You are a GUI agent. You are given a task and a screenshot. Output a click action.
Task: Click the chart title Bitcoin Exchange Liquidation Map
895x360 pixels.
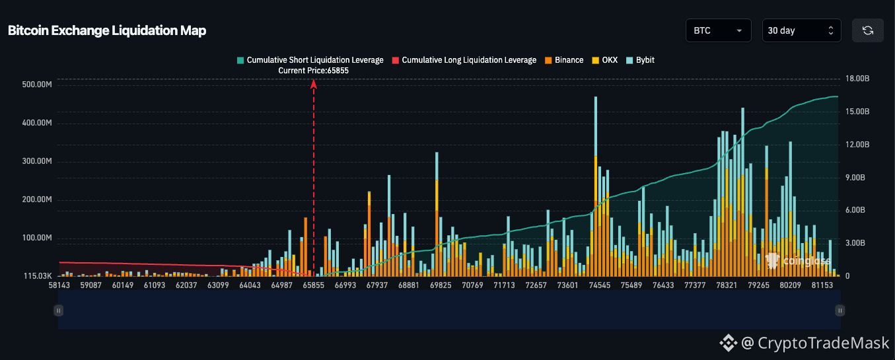[107, 31]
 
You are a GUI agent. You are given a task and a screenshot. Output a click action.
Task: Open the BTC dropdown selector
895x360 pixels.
[719, 30]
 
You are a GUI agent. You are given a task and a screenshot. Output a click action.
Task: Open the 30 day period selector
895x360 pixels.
[801, 30]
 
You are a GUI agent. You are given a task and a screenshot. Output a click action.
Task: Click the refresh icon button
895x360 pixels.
[868, 30]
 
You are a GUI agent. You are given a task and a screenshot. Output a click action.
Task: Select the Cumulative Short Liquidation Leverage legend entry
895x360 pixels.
[310, 60]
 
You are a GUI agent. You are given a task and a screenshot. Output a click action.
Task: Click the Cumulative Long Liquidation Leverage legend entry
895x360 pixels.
[464, 60]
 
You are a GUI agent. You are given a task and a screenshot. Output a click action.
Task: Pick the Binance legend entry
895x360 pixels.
[564, 60]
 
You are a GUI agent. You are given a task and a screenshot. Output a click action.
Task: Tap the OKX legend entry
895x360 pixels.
[605, 60]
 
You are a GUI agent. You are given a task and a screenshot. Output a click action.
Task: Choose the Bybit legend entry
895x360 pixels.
[640, 60]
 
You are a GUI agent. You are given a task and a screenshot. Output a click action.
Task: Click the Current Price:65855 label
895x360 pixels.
[313, 71]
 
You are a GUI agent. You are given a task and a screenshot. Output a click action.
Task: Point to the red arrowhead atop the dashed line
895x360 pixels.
[314, 84]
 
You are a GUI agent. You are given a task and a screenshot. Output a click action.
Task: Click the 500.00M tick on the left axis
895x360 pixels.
[37, 85]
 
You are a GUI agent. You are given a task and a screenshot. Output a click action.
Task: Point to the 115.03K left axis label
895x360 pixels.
[38, 275]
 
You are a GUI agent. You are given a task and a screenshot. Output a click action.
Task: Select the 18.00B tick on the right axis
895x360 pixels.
[857, 79]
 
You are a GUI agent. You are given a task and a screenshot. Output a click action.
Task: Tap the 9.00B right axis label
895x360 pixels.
[855, 178]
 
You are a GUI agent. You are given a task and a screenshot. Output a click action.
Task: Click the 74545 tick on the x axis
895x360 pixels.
[599, 285]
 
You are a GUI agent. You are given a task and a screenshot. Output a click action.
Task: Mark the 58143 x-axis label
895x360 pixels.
[59, 285]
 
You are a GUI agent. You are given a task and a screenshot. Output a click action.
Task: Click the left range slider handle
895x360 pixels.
[58, 310]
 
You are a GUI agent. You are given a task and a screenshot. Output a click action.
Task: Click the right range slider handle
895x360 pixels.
[840, 310]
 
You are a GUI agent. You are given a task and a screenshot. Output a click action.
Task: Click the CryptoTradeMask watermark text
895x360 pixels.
[823, 343]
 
